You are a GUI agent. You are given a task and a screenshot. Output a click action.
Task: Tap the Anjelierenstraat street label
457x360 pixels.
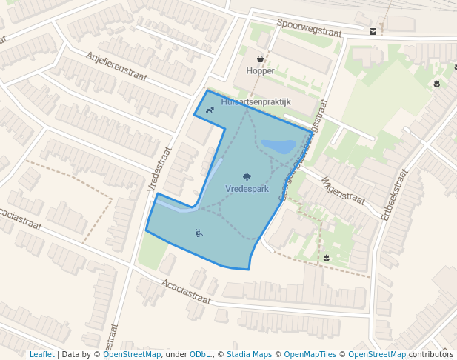pyautogui.click(x=116, y=67)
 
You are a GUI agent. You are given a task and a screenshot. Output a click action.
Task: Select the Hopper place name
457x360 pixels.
pyautogui.click(x=260, y=71)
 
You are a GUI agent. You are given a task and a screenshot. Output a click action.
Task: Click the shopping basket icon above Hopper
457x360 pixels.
pyautogui.click(x=260, y=59)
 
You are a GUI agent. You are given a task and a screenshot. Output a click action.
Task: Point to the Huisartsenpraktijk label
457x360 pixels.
pyautogui.click(x=256, y=101)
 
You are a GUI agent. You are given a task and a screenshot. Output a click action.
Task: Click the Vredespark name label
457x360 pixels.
pyautogui.click(x=247, y=190)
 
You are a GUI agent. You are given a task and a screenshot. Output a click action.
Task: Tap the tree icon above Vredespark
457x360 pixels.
pyautogui.click(x=247, y=177)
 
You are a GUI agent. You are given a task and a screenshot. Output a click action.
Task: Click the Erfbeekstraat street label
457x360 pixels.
pyautogui.click(x=393, y=195)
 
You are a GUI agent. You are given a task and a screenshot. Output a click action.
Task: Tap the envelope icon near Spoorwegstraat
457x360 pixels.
pyautogui.click(x=372, y=31)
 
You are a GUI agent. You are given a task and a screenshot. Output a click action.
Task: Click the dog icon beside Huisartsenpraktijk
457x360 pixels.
pyautogui.click(x=210, y=110)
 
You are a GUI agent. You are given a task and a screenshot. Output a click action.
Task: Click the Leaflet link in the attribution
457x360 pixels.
pyautogui.click(x=41, y=354)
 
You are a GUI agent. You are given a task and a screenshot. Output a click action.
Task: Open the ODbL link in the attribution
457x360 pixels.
pyautogui.click(x=200, y=354)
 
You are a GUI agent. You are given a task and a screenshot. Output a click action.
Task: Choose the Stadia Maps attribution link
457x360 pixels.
pyautogui.click(x=249, y=354)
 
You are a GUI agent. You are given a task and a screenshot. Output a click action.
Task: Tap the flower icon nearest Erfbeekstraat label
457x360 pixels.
pyautogui.click(x=437, y=84)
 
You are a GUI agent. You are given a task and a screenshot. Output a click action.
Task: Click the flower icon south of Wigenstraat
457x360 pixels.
pyautogui.click(x=326, y=258)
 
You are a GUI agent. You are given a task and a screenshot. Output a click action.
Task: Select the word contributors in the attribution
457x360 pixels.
pyautogui.click(x=431, y=354)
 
